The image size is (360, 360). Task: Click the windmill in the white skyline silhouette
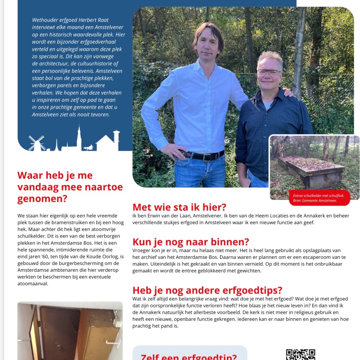36,143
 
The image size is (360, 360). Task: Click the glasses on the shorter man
269,73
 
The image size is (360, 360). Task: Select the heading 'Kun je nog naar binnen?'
190,242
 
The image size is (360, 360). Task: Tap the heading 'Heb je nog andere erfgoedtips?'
207,290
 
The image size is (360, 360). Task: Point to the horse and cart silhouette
88,147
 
